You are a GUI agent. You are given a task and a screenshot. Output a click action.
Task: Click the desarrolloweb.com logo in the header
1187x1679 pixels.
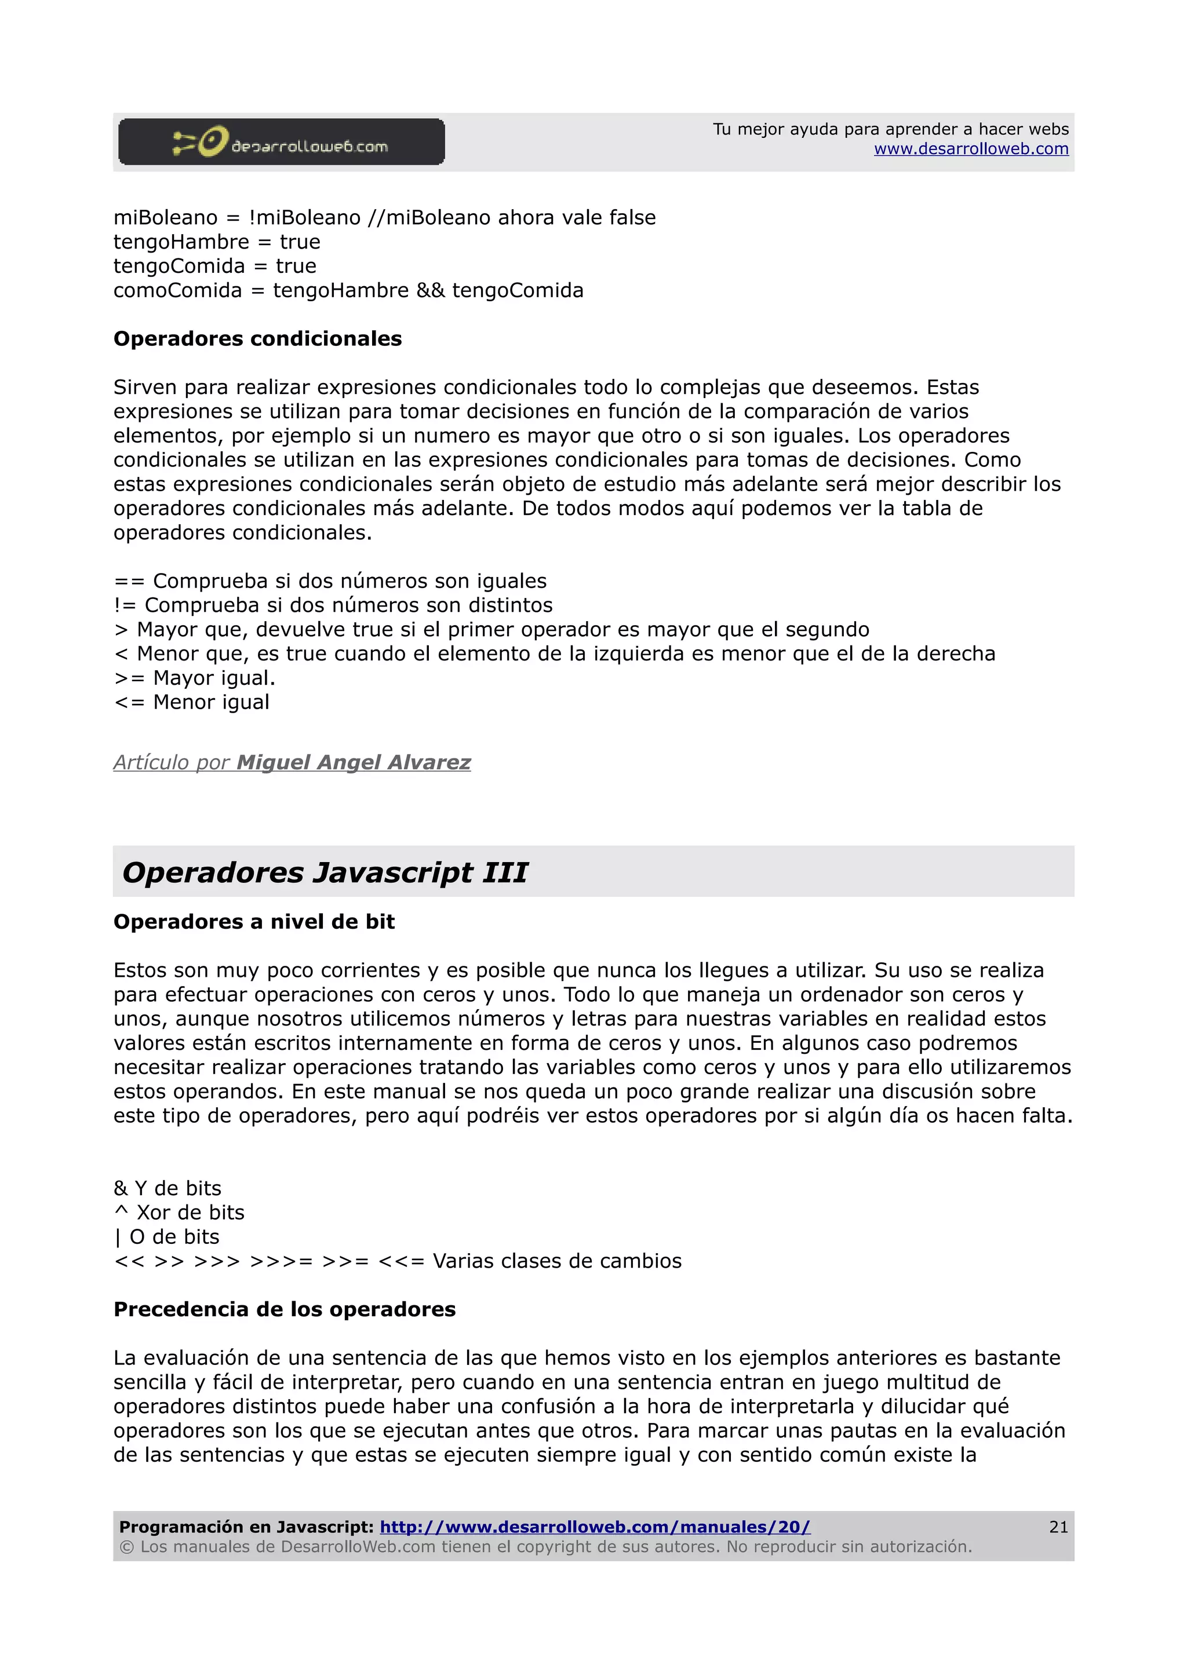tap(281, 142)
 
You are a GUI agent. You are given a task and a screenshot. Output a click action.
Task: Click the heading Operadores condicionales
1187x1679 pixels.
tap(257, 338)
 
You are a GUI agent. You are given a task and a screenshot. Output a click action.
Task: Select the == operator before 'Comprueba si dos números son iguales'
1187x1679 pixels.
tap(129, 581)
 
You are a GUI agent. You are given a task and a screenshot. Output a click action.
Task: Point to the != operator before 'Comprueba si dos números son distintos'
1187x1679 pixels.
tap(125, 605)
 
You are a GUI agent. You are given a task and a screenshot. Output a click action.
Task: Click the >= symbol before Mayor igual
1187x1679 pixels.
tap(129, 678)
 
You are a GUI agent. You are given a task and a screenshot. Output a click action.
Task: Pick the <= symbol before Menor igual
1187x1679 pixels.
tap(129, 703)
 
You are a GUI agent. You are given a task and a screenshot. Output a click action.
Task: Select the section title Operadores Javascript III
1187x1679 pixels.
tap(325, 873)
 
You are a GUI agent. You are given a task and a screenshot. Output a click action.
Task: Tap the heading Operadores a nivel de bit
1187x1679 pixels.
tap(254, 922)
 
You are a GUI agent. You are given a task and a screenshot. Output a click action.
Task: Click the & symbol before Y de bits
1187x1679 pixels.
tap(121, 1189)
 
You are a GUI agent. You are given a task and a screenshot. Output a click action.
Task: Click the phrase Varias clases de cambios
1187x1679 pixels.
tap(556, 1261)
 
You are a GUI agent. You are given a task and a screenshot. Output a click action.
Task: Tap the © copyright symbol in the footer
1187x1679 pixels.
tap(126, 1547)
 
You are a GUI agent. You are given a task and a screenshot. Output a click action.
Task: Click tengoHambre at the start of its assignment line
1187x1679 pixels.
tap(181, 242)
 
